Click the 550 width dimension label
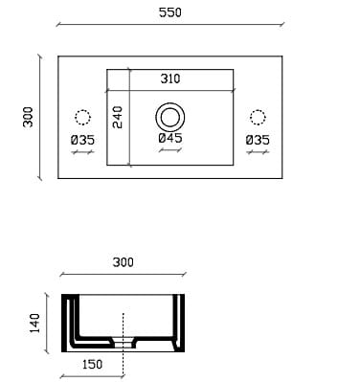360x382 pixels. [x=170, y=12]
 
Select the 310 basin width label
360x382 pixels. [x=170, y=79]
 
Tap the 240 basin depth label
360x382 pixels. [x=118, y=118]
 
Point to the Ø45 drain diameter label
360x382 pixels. [x=170, y=138]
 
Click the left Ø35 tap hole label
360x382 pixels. [x=82, y=140]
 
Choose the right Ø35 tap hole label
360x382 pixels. [x=258, y=140]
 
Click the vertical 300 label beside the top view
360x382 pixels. [x=28, y=117]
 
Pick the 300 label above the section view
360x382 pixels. [x=124, y=262]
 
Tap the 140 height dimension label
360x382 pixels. [x=34, y=324]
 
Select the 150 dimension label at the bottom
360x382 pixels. [x=93, y=365]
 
